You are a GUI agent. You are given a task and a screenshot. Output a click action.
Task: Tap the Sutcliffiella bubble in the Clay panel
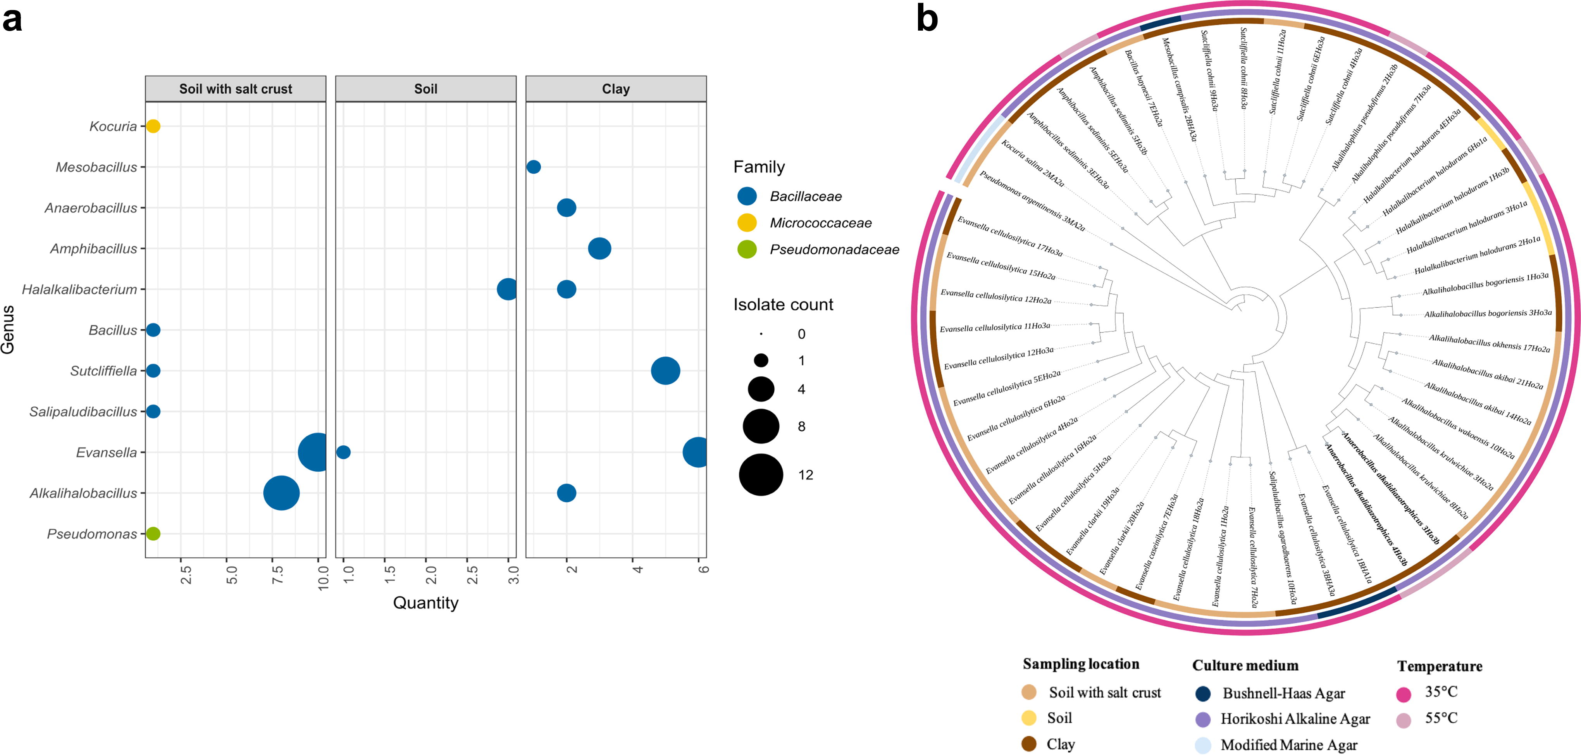click(665, 371)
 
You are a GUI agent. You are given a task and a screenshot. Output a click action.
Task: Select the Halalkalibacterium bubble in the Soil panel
click(508, 289)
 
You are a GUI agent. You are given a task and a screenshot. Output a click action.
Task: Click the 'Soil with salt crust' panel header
click(236, 89)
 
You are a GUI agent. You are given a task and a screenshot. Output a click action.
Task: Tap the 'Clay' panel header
click(616, 89)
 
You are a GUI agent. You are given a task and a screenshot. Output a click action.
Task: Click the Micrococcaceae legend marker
click(747, 223)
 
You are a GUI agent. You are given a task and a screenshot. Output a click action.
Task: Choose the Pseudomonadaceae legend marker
click(747, 249)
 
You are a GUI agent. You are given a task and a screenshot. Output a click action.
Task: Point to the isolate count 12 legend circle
click(761, 474)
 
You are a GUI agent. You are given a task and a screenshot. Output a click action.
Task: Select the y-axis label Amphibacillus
click(94, 248)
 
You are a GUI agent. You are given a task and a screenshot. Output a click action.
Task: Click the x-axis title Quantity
click(426, 603)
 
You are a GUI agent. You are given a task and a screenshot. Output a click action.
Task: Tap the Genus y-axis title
click(8, 329)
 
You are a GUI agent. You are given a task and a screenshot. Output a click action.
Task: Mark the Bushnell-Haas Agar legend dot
click(1203, 694)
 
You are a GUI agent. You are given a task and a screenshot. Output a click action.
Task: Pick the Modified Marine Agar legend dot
click(1203, 745)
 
